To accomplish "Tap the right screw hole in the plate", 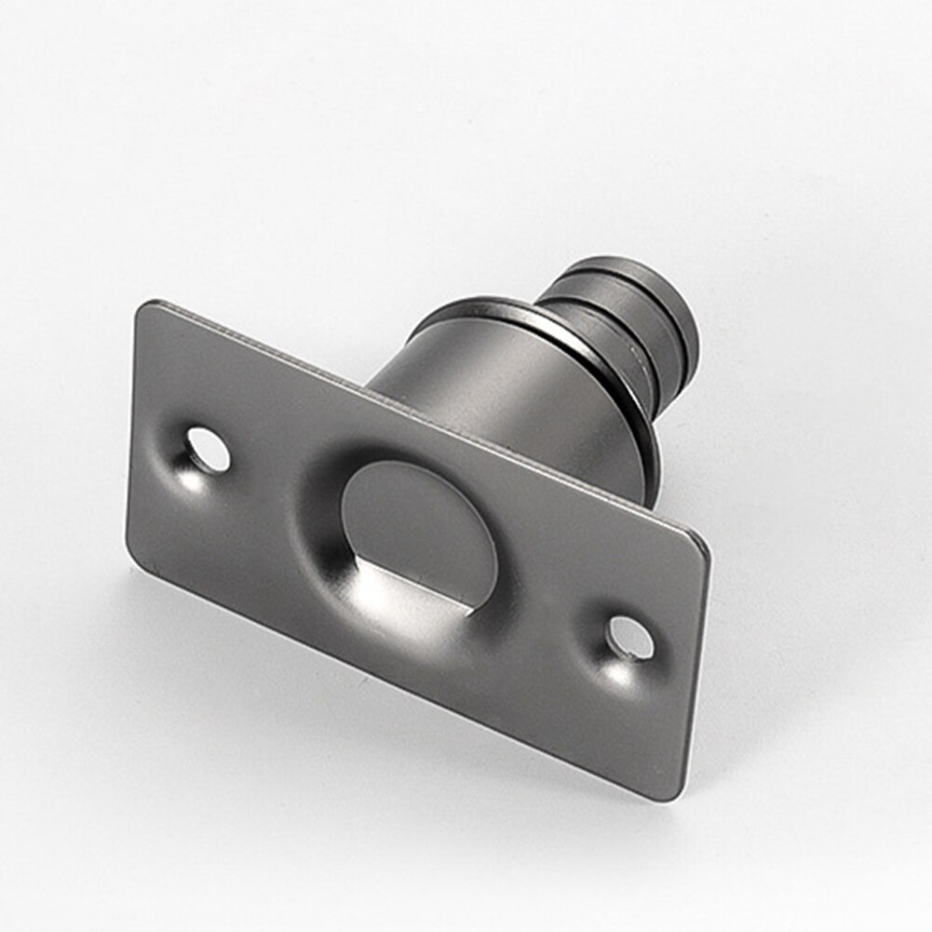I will pyautogui.click(x=630, y=639).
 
